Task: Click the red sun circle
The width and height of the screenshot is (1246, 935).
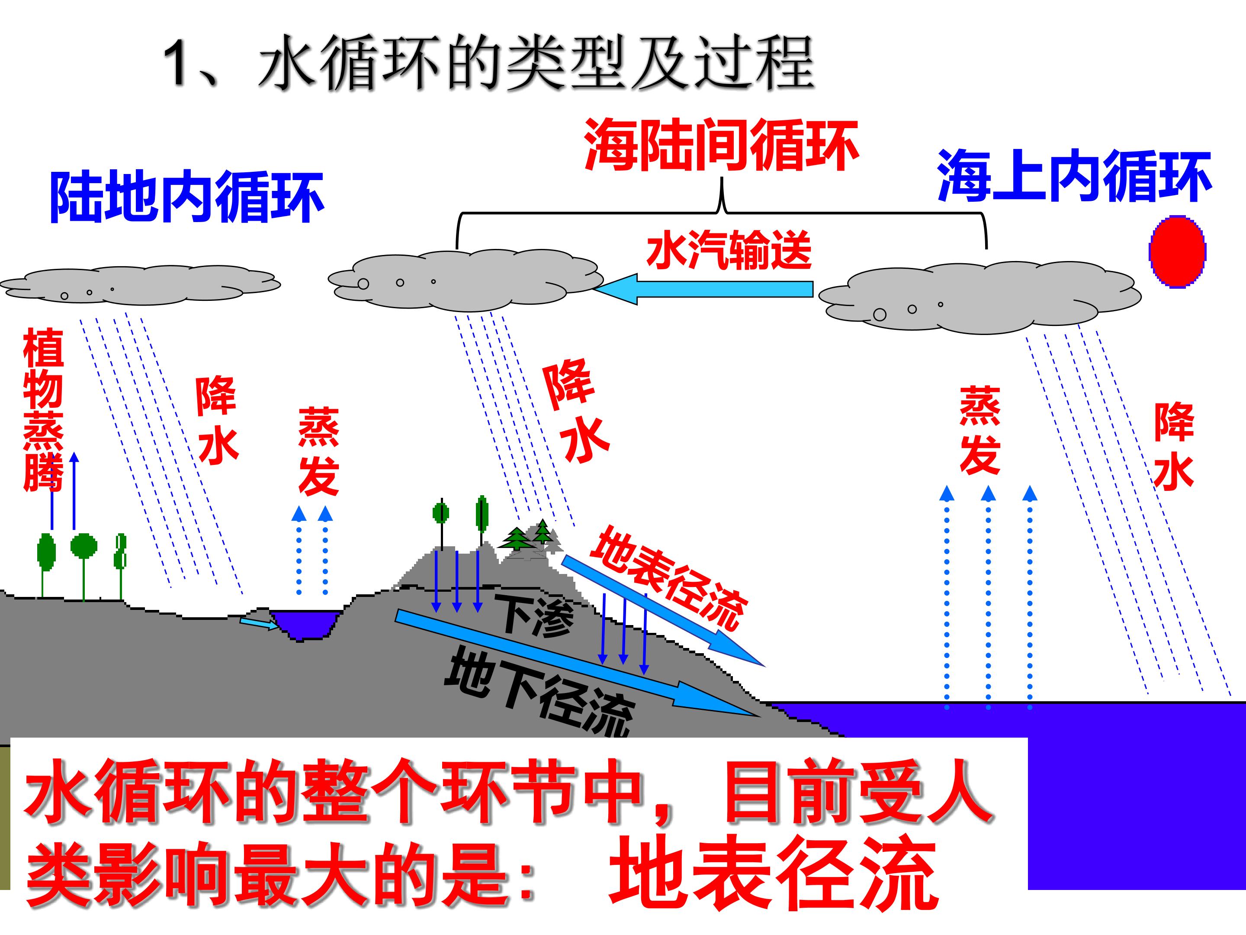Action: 1177,252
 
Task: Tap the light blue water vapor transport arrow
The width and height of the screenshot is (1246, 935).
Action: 703,289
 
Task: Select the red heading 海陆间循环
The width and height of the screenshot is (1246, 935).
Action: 722,145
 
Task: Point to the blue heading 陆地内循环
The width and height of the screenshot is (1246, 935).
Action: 186,196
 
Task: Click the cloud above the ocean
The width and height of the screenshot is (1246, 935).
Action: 979,297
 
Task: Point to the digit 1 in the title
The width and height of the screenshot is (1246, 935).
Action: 180,64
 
